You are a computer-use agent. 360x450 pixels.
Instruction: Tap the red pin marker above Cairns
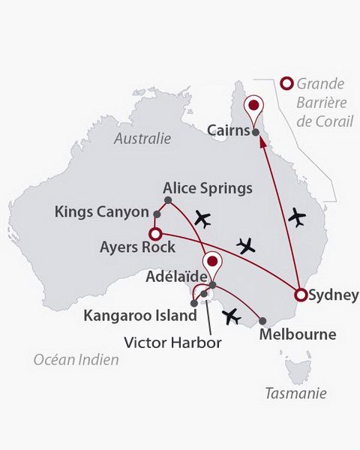coord(256,106)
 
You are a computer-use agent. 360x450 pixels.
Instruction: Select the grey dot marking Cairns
coord(256,133)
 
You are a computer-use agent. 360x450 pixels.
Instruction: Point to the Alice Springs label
coord(208,187)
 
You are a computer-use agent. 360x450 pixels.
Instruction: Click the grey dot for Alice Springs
coord(168,200)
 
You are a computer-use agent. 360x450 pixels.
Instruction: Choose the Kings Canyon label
coord(102,212)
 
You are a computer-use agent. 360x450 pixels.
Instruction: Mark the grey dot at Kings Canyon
coord(157,214)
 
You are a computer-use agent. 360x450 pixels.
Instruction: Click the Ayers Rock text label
coord(137,246)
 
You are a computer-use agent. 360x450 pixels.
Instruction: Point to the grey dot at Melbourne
coord(262,319)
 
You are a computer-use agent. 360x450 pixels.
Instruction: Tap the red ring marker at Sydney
coord(301,295)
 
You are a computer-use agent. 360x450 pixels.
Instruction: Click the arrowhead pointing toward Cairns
coord(262,146)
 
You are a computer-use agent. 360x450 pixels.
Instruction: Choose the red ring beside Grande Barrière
coord(286,84)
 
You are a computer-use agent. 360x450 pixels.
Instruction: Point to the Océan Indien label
coord(76,360)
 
